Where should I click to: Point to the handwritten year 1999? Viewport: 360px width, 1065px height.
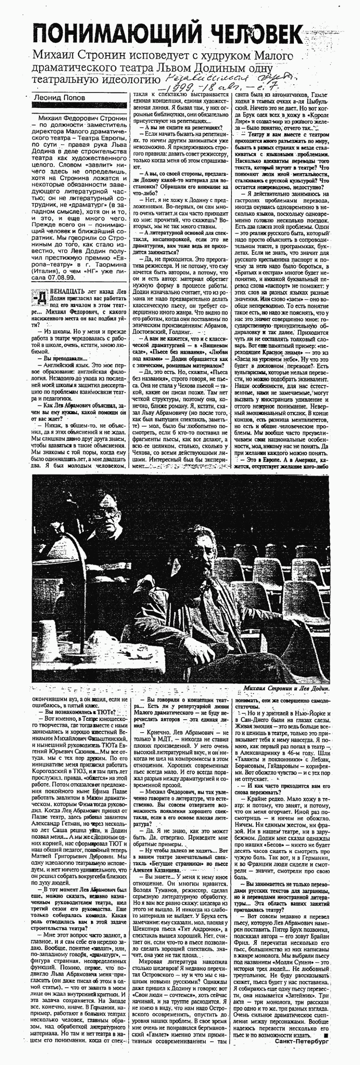pyautogui.click(x=178, y=89)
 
